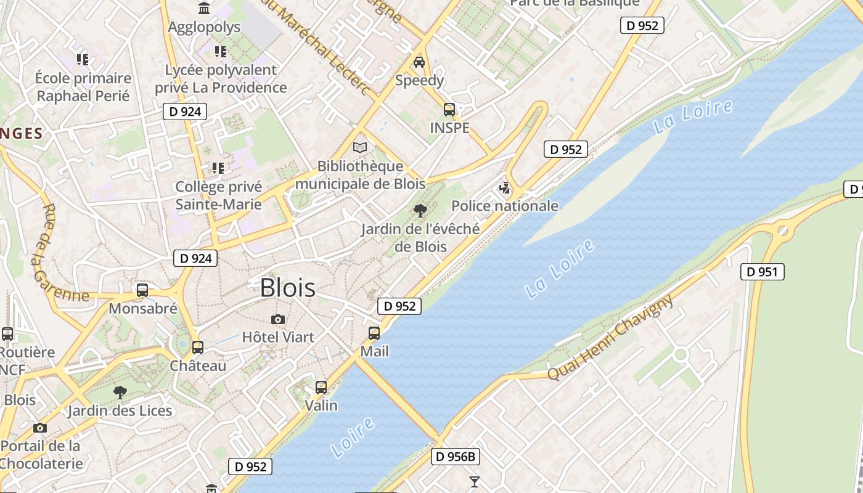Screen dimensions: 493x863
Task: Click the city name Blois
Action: [287, 288]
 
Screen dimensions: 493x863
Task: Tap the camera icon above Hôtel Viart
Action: [278, 319]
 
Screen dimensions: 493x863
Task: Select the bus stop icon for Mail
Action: [374, 333]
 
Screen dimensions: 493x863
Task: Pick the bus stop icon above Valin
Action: [321, 388]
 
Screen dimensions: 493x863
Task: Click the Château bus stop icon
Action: [197, 348]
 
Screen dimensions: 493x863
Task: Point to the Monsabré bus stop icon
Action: [142, 290]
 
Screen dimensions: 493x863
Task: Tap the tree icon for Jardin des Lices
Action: [120, 392]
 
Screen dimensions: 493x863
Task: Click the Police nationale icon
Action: [505, 188]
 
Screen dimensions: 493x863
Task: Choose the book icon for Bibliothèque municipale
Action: [360, 147]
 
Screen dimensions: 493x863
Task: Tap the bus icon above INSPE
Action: [449, 110]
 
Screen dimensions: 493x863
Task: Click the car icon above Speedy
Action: [419, 62]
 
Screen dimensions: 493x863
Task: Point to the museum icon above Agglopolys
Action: [203, 8]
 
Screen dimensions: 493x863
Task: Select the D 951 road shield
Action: [763, 272]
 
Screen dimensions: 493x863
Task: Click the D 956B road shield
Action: [456, 457]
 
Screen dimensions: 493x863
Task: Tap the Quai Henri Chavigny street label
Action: [610, 338]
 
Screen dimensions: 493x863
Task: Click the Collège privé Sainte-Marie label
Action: [219, 195]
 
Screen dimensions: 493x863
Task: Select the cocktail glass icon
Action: [474, 481]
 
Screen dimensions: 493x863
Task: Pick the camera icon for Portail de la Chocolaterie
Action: [40, 428]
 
